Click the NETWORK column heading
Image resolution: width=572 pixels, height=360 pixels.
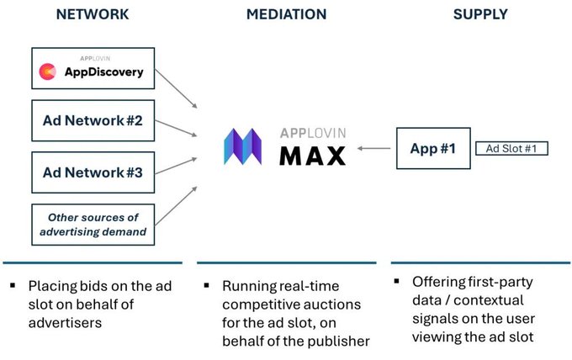pyautogui.click(x=93, y=14)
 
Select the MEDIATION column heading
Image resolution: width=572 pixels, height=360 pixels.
pyautogui.click(x=286, y=14)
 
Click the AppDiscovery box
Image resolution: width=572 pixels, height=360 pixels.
pyautogui.click(x=93, y=68)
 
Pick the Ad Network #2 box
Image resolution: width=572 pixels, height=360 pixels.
pyautogui.click(x=93, y=120)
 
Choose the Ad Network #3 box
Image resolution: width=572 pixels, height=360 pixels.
pyautogui.click(x=93, y=172)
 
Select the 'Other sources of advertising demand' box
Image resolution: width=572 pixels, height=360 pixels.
pyautogui.click(x=93, y=224)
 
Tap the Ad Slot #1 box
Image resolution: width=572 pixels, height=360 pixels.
pyautogui.click(x=511, y=148)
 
